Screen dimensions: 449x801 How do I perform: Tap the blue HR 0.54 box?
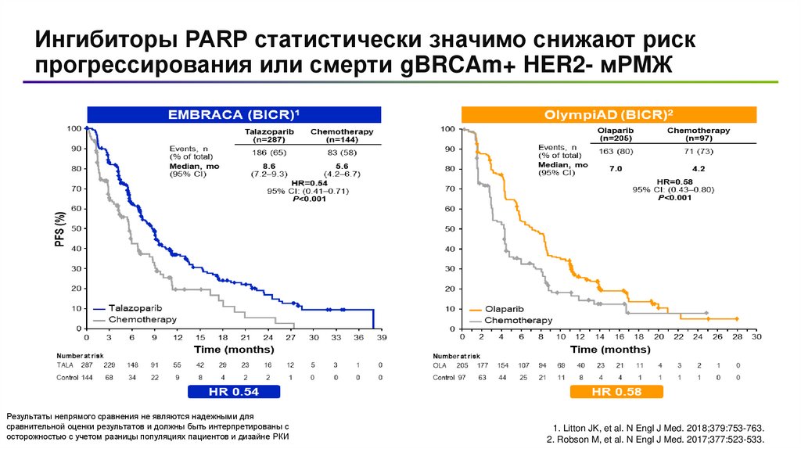234,390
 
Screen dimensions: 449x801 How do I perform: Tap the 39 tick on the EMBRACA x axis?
381,337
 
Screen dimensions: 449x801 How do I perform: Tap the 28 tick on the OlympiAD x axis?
736,337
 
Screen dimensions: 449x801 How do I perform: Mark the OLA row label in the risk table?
440,365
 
